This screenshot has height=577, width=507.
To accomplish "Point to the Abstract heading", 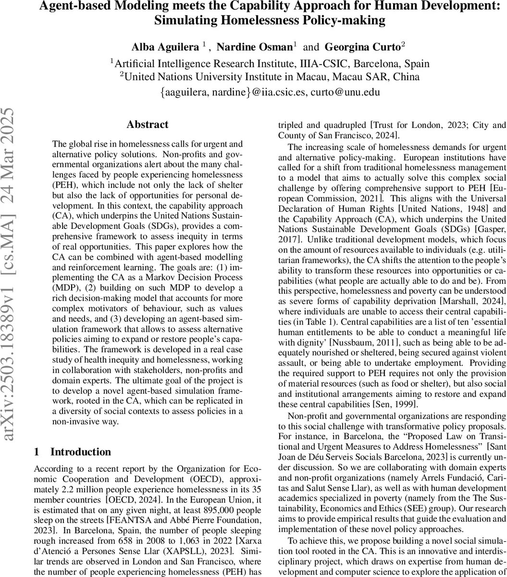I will (x=147, y=125).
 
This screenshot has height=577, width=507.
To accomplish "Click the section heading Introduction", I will (x=80, y=452).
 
